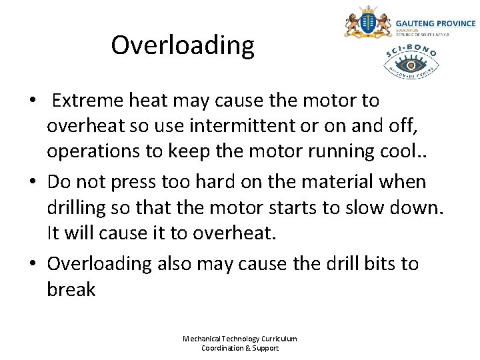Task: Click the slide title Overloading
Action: coord(183,45)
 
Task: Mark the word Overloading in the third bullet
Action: coord(99,263)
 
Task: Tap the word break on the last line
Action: coord(71,290)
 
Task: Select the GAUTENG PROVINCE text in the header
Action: coord(435,23)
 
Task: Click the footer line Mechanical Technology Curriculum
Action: coord(240,339)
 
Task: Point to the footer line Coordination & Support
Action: coord(240,348)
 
